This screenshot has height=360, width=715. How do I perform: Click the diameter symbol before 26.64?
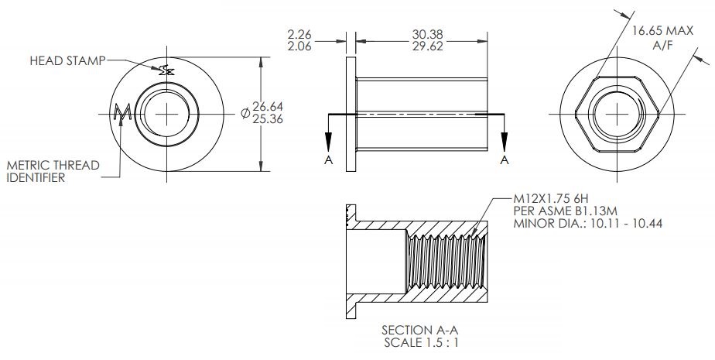coord(245,113)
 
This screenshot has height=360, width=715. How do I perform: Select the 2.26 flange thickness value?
coord(299,35)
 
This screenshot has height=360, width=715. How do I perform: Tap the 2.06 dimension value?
coord(299,46)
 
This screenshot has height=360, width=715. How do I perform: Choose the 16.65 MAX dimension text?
coord(662,31)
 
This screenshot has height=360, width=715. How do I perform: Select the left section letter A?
coord(329,160)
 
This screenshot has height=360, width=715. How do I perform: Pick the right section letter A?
coord(505,160)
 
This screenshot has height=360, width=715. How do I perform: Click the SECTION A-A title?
coord(419,330)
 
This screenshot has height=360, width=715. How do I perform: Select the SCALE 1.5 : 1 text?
coord(419,342)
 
